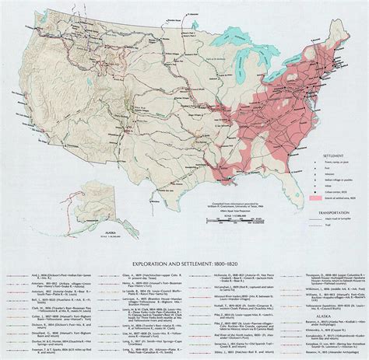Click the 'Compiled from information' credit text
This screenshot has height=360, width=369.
click(226, 204)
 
